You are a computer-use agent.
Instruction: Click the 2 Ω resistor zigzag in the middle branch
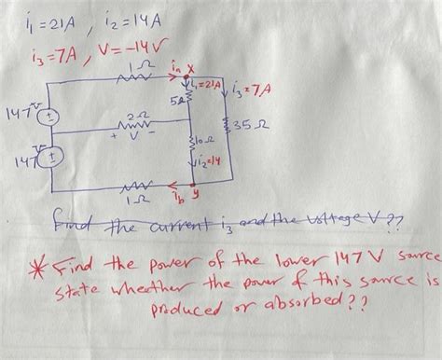(132, 121)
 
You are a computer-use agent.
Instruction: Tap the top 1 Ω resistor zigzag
(139, 82)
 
